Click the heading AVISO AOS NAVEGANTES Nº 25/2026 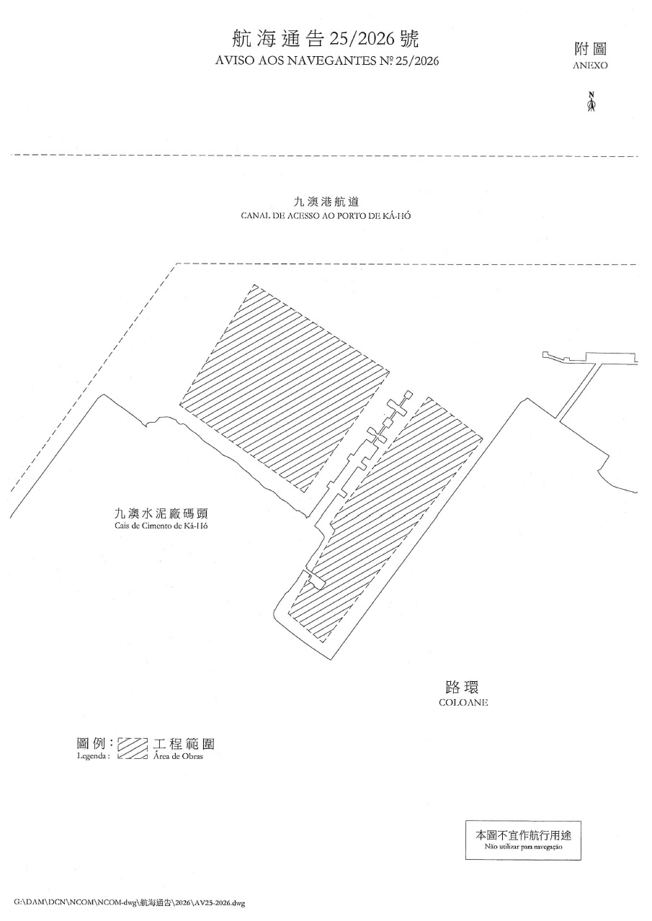coord(326,61)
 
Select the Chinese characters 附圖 coord(591,50)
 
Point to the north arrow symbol coord(591,103)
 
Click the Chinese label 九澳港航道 coord(326,203)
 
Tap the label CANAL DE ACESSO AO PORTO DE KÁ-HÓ coord(326,216)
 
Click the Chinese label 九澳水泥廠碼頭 coord(155,514)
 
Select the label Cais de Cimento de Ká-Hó coord(155,526)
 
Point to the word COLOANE coord(463,702)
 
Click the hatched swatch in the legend coord(133,749)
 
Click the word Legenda coord(93,757)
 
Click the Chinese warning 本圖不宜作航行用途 coord(523,836)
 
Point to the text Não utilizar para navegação coord(523,848)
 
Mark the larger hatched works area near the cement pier coord(285,389)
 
